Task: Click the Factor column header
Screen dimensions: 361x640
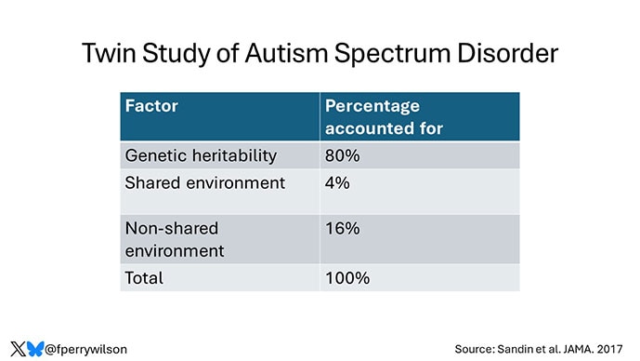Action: click(x=151, y=106)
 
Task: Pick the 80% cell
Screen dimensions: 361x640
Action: click(x=343, y=155)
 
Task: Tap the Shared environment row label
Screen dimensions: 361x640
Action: click(x=204, y=182)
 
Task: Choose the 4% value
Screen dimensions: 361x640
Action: click(x=337, y=182)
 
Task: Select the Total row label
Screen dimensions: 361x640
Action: click(x=144, y=277)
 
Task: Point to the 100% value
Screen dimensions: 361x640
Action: click(x=346, y=277)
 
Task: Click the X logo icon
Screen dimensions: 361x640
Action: click(x=18, y=348)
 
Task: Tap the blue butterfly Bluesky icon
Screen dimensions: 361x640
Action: click(x=35, y=348)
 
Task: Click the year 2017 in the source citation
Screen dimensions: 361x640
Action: click(x=614, y=349)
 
